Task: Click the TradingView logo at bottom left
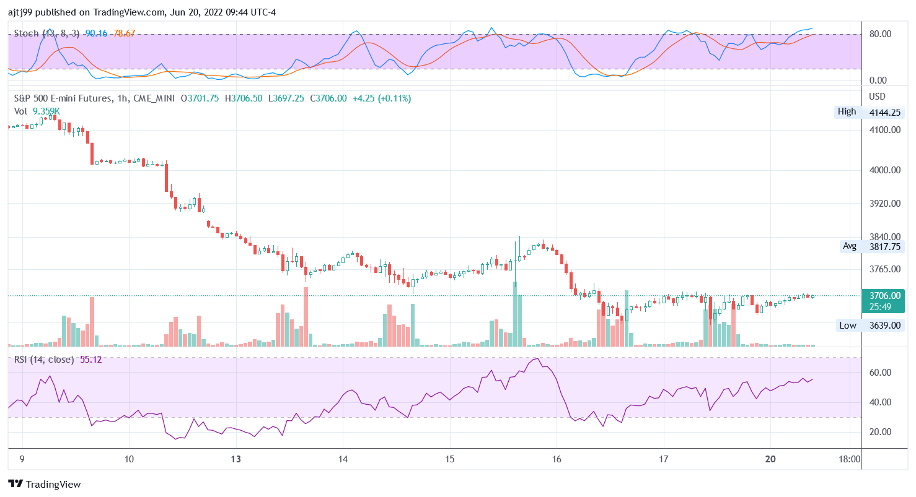44,484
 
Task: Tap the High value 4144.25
885,113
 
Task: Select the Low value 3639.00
885,325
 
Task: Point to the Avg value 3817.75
885,246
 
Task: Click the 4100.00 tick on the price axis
885,130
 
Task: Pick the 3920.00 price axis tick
885,203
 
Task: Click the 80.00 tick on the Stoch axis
880,34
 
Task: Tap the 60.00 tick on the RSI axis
880,373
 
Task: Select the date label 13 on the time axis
236,459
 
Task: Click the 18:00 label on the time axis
849,459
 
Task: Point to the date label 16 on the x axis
557,459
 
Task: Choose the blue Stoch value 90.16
96,33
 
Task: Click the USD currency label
878,97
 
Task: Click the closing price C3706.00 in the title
328,98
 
